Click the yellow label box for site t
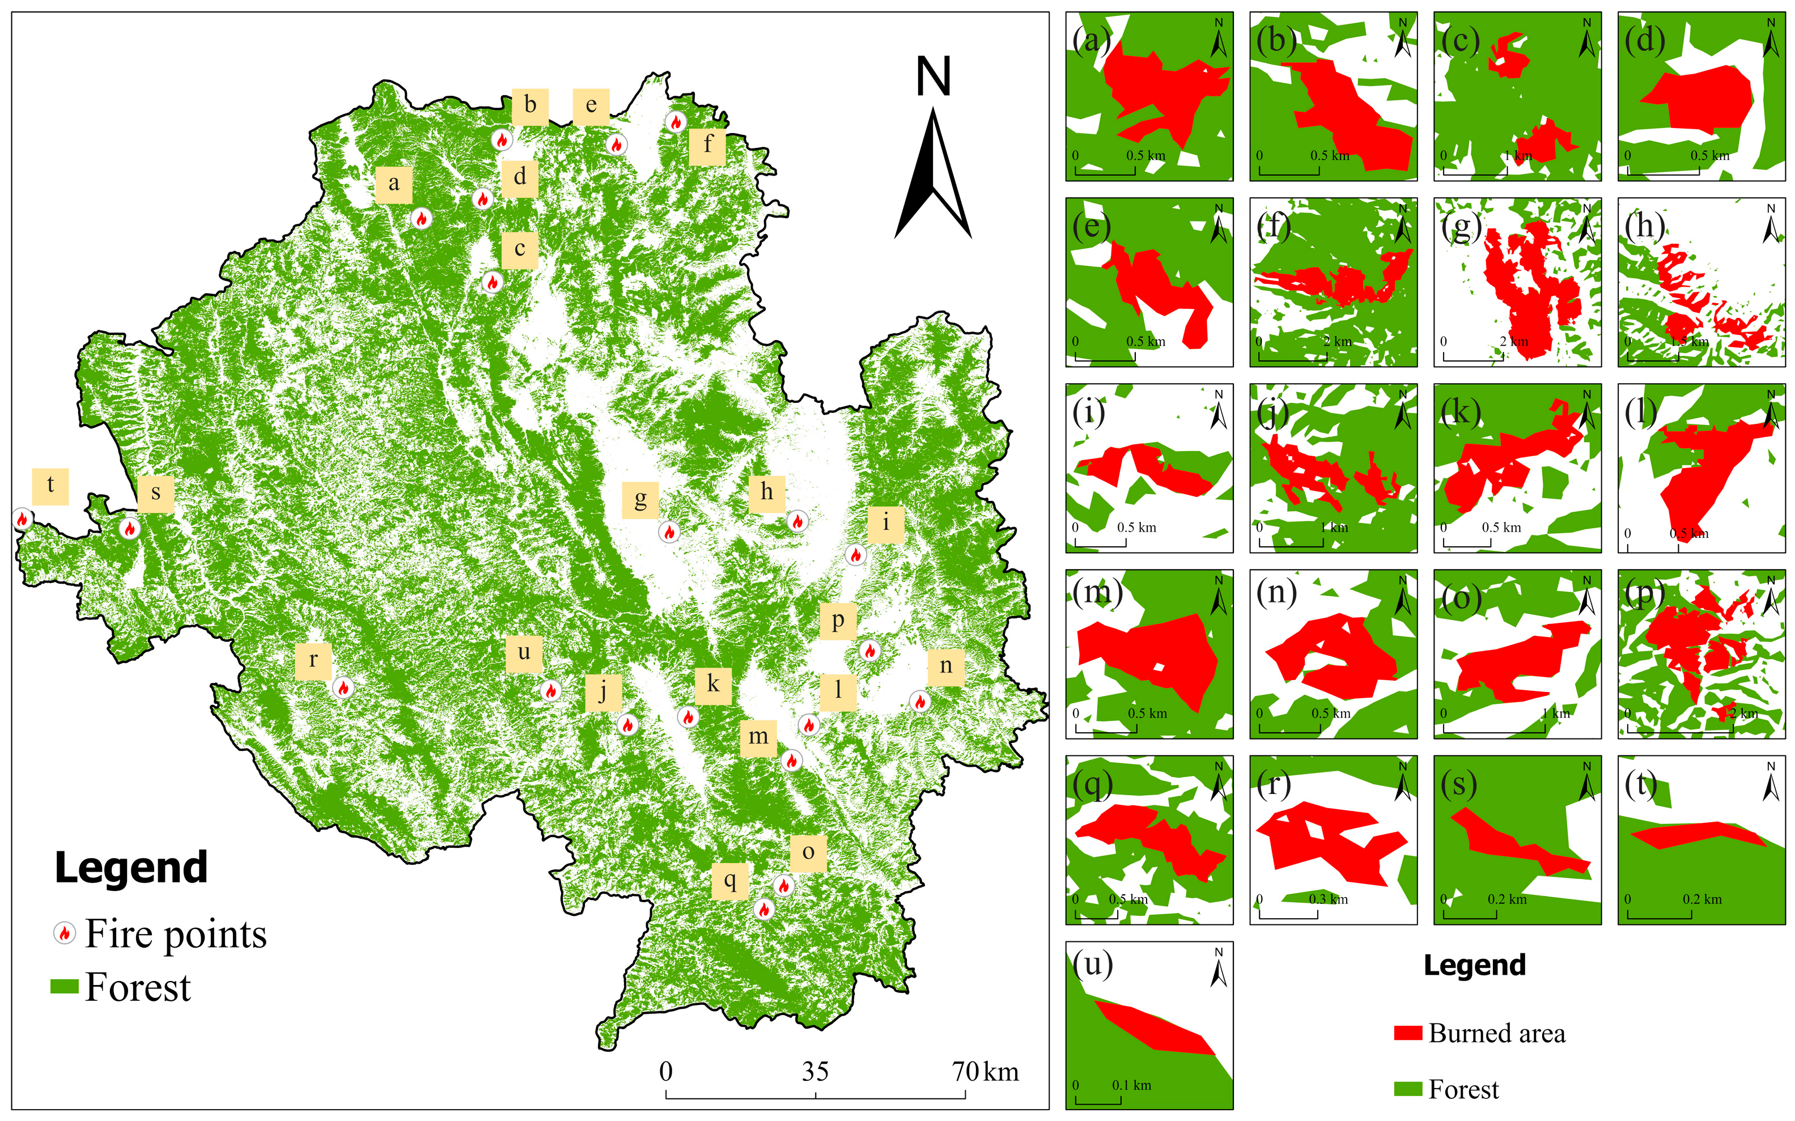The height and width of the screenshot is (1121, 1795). point(50,486)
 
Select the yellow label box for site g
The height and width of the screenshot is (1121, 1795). point(640,499)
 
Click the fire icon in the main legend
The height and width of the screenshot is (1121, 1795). point(65,933)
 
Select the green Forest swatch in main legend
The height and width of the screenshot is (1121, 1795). point(65,986)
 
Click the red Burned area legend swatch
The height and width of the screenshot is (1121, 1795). point(1407,1033)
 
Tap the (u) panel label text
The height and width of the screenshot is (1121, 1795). point(1093,965)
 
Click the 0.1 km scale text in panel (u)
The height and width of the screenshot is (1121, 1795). point(1131,1085)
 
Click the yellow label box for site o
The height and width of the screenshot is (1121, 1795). point(808,852)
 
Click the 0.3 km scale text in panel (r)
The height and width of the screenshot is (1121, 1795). point(1328,899)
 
